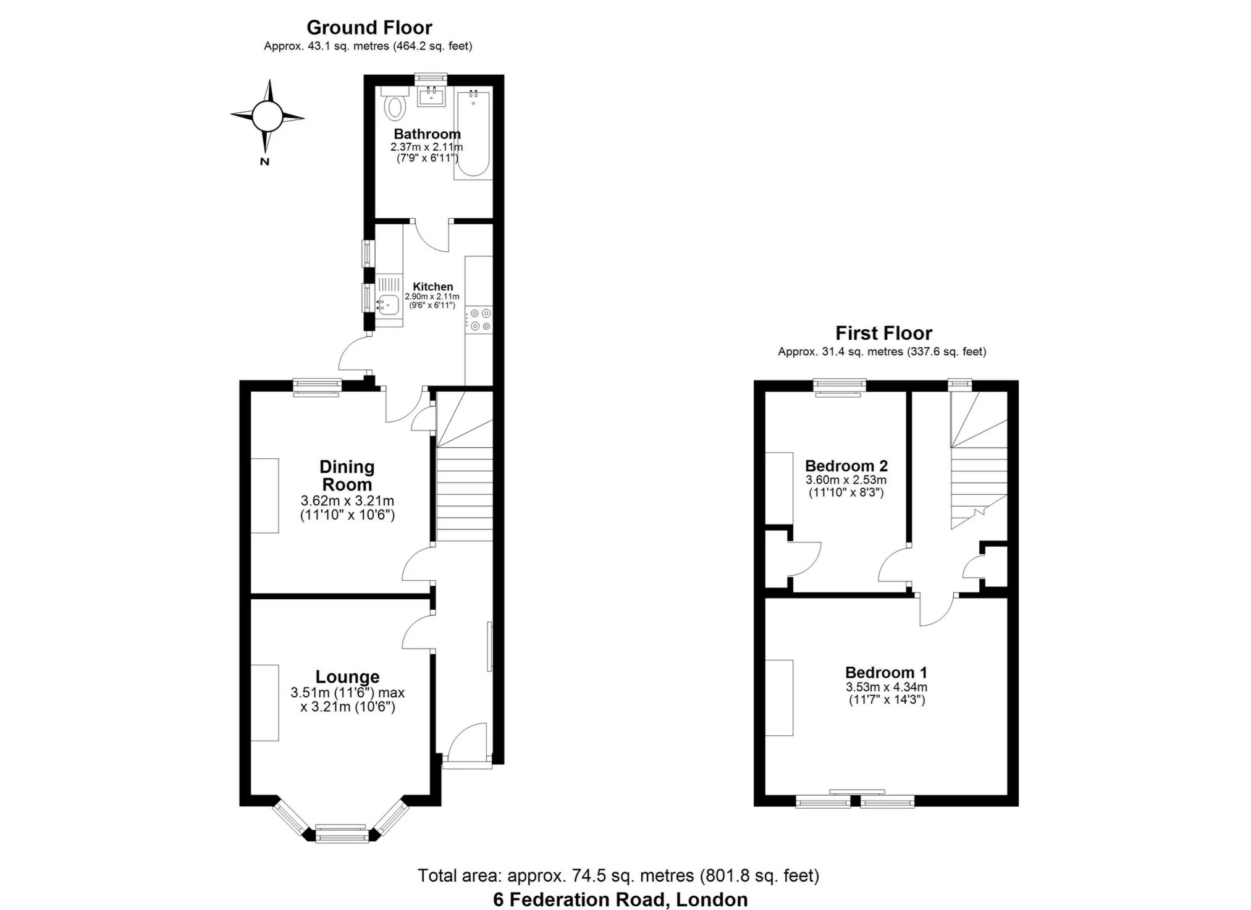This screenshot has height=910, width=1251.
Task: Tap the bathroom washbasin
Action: [431, 96]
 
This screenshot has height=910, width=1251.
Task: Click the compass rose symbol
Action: [267, 116]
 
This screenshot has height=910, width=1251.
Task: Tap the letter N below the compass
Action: [264, 162]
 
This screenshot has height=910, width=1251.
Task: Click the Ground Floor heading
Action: [369, 28]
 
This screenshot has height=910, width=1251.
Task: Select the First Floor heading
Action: [883, 334]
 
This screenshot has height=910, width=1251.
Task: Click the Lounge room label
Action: [347, 677]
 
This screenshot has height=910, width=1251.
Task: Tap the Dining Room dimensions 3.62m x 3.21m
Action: [347, 501]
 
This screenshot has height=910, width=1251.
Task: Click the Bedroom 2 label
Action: [846, 466]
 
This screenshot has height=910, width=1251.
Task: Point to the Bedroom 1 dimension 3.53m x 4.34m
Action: [886, 687]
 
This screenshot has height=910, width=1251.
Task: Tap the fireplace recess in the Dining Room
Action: [264, 495]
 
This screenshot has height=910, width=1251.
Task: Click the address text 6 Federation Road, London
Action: [620, 899]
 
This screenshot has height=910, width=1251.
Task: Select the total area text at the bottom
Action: [618, 875]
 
